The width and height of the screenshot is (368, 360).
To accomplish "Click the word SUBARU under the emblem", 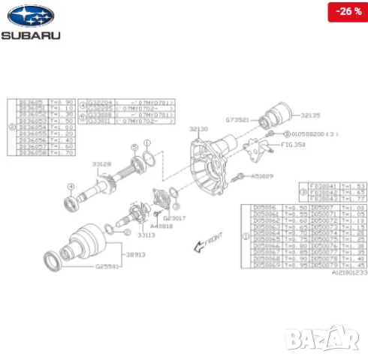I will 30,34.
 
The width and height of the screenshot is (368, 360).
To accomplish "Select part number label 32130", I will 198,129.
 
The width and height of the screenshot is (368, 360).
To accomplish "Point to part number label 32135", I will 310,116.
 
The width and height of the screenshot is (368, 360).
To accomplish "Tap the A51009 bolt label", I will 262,176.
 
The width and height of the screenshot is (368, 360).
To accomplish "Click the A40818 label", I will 160,225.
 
